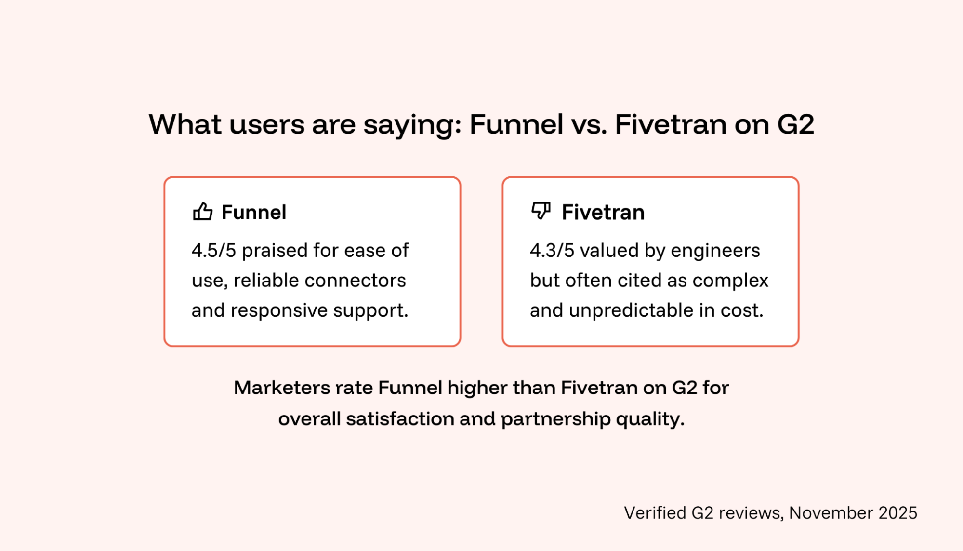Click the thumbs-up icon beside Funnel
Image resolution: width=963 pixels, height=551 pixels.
pyautogui.click(x=202, y=211)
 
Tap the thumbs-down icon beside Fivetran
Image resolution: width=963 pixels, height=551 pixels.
pyautogui.click(x=541, y=211)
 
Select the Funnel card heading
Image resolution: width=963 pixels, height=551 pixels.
pyautogui.click(x=254, y=212)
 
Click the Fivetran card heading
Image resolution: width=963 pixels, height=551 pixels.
pyautogui.click(x=603, y=212)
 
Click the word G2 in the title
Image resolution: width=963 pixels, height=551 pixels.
pyautogui.click(x=795, y=124)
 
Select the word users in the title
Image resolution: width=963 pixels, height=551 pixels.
pyautogui.click(x=266, y=124)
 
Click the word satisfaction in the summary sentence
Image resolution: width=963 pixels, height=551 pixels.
pyautogui.click(x=400, y=418)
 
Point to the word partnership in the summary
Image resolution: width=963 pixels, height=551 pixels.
pyautogui.click(x=556, y=418)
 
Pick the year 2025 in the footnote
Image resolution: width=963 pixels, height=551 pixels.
pyautogui.click(x=897, y=512)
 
